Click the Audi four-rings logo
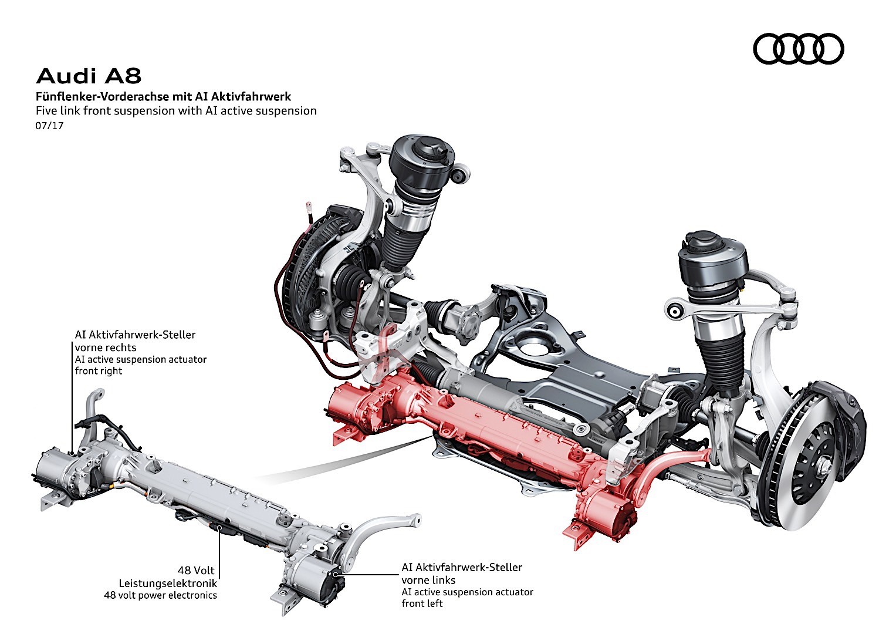tap(798, 48)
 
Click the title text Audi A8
tap(89, 76)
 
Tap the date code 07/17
tap(49, 125)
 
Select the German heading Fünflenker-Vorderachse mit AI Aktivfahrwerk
tap(163, 96)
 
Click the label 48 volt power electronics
tap(160, 595)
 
